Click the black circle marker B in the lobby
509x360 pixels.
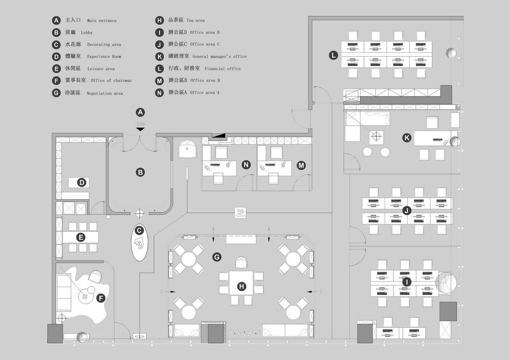coord(140,172)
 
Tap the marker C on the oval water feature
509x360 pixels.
coord(139,230)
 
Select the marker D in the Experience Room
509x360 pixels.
coord(82,182)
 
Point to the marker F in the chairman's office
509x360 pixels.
coord(101,298)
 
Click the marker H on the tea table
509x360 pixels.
coord(242,287)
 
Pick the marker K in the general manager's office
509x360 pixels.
coord(407,138)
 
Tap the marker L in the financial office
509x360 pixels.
coord(333,55)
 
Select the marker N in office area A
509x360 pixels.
coord(246,165)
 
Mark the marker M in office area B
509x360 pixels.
coord(301,165)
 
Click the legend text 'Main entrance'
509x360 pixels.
coord(102,21)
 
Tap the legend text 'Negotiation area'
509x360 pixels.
coord(105,93)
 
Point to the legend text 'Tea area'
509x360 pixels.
coord(195,21)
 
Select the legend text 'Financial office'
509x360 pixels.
coord(222,69)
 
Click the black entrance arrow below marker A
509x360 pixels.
coord(140,129)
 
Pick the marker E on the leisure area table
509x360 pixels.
coord(81,237)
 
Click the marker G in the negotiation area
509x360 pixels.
coord(217,257)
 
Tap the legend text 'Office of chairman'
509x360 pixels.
coord(111,81)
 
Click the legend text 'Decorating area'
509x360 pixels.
coord(104,45)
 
